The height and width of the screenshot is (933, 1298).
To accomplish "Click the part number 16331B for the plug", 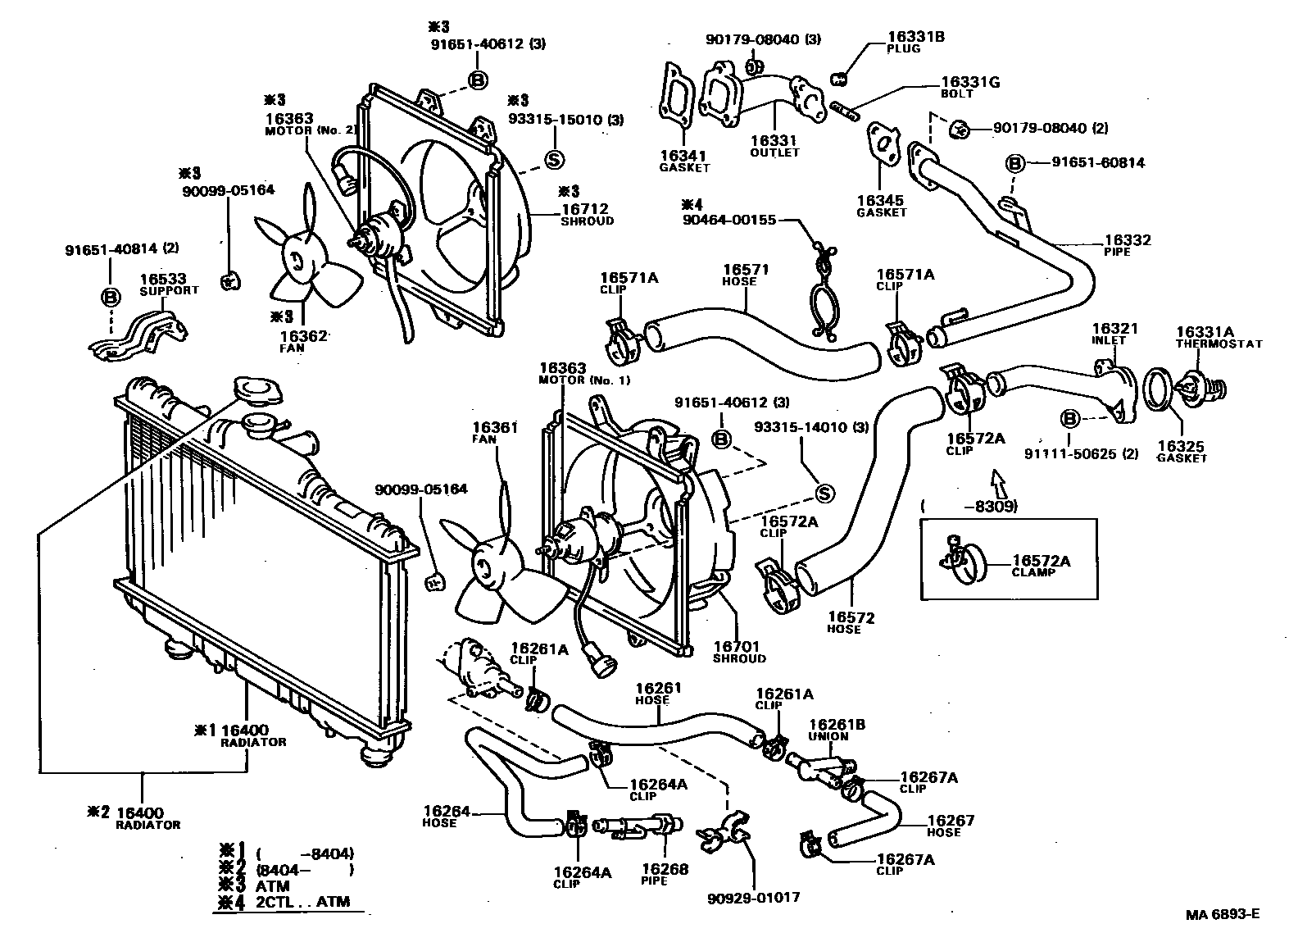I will (x=915, y=37).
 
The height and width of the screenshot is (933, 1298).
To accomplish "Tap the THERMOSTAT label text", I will (x=1219, y=344).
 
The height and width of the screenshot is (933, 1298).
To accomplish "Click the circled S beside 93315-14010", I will (x=825, y=493).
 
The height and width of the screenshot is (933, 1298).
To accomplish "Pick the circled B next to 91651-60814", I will (x=1014, y=163).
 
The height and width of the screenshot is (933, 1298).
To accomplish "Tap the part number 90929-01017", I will (x=752, y=898).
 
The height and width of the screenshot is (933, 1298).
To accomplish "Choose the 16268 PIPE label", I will (x=665, y=874).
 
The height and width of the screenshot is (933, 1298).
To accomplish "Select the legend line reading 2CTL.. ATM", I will (x=303, y=902).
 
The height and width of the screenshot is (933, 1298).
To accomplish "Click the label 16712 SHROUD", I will (x=587, y=215).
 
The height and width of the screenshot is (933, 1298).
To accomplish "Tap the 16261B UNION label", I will (x=837, y=730).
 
